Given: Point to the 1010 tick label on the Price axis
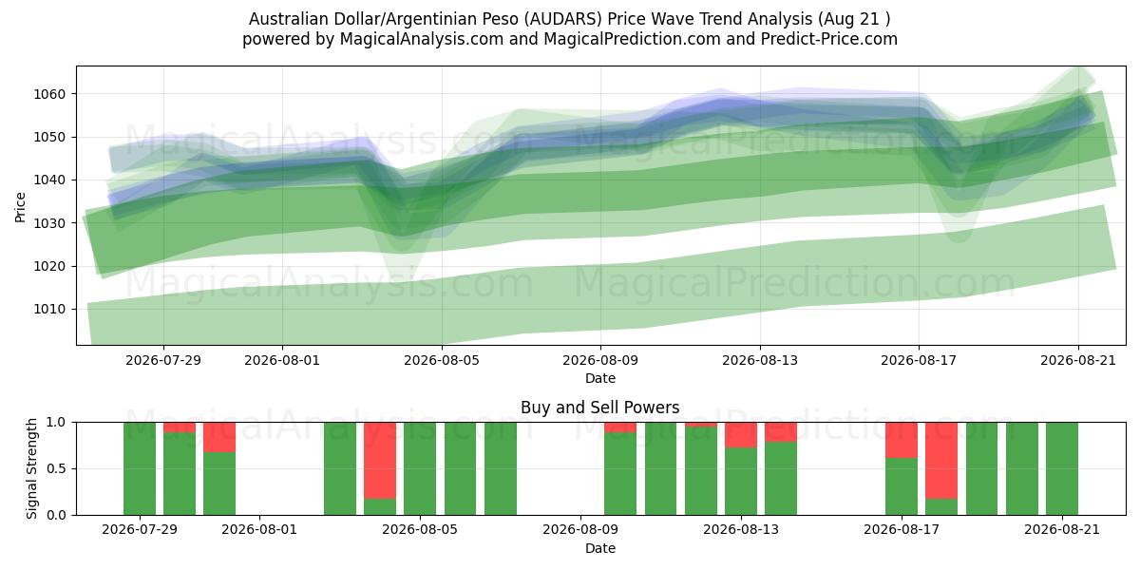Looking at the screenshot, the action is pos(49,310).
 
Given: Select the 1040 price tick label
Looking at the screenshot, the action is pos(49,180).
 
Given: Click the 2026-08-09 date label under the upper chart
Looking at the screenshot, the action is pos(600,360).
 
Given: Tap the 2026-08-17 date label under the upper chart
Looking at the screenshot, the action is pos(919,360).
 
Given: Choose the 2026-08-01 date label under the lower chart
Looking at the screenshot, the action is pos(259,530).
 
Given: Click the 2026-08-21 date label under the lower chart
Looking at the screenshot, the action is pos(1062,530).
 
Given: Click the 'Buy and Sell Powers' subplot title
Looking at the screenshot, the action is pos(600,408).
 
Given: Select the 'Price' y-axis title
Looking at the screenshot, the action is pos(20,207).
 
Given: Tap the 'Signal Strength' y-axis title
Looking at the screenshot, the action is pos(31,468).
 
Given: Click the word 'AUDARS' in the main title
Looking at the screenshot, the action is pos(563,19).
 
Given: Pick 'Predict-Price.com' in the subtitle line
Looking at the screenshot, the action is pos(829,39).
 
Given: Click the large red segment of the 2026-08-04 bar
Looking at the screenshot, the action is pos(380,461).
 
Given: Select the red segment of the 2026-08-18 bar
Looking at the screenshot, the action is pos(941,461).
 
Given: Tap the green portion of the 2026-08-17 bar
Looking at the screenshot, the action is pos(902,486).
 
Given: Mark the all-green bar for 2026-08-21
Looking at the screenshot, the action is pos(1062,468).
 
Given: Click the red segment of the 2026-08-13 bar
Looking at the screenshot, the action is pos(741,435).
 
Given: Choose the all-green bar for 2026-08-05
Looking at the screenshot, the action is pos(420,468).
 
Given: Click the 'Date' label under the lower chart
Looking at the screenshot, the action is pos(600,548).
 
